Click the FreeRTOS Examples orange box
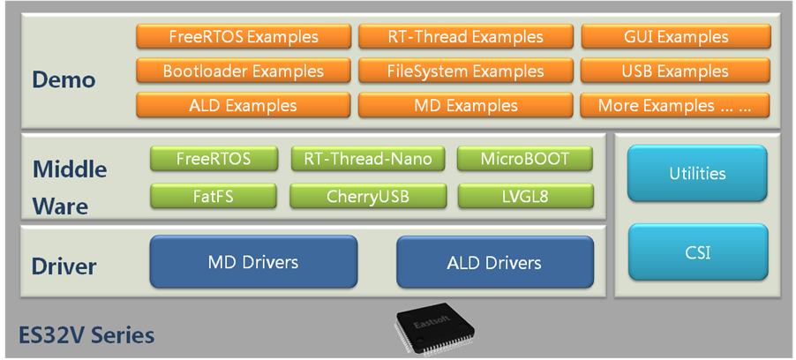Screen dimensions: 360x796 click(244, 37)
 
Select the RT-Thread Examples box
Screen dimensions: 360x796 click(465, 37)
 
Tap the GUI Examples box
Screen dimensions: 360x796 click(675, 37)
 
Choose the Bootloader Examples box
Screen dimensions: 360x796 click(244, 71)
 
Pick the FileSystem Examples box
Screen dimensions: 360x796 click(465, 71)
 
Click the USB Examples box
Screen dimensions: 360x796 click(675, 71)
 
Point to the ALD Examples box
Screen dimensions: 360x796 click(244, 106)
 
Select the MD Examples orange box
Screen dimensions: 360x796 click(465, 106)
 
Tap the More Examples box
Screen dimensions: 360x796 click(675, 106)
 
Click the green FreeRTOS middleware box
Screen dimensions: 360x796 click(214, 159)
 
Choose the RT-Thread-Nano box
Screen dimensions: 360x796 click(368, 159)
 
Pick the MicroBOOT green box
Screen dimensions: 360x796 click(525, 159)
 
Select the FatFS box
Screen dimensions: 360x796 click(214, 196)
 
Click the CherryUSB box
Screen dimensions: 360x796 click(368, 196)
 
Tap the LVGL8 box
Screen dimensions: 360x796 click(525, 196)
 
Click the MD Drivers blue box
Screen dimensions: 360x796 click(253, 262)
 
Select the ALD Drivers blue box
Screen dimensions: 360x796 click(494, 262)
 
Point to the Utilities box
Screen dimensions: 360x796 click(697, 174)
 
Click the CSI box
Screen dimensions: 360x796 click(697, 253)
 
